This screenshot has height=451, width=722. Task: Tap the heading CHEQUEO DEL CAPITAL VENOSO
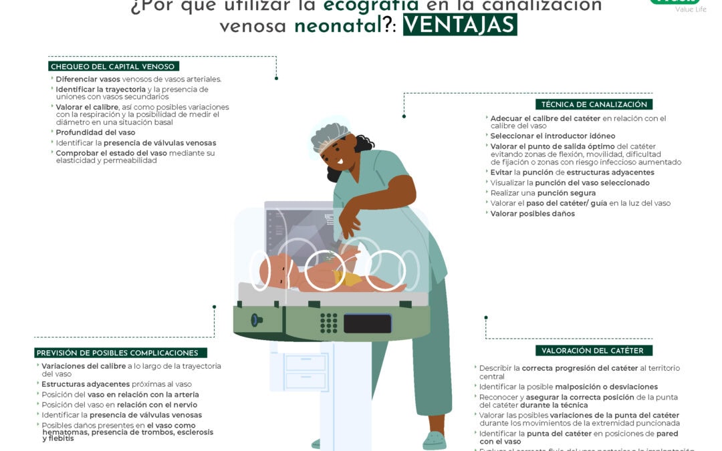tap(113, 66)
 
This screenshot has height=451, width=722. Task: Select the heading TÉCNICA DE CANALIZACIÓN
tap(594, 104)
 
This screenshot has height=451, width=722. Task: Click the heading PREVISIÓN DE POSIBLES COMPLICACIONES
tap(121, 353)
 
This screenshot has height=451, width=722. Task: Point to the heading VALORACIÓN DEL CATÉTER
tap(592, 351)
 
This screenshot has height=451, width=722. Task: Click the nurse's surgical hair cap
tap(330, 136)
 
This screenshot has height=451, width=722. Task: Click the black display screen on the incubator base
tap(367, 323)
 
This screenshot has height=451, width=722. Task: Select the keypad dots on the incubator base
tap(329, 323)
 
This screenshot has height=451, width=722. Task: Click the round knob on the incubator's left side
tap(256, 320)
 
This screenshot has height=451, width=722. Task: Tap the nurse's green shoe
tap(434, 440)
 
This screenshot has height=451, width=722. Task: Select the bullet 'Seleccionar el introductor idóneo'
tap(543, 136)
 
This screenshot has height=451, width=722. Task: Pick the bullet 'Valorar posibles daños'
tap(532, 214)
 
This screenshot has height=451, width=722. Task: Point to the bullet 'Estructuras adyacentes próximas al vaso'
tap(116, 384)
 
